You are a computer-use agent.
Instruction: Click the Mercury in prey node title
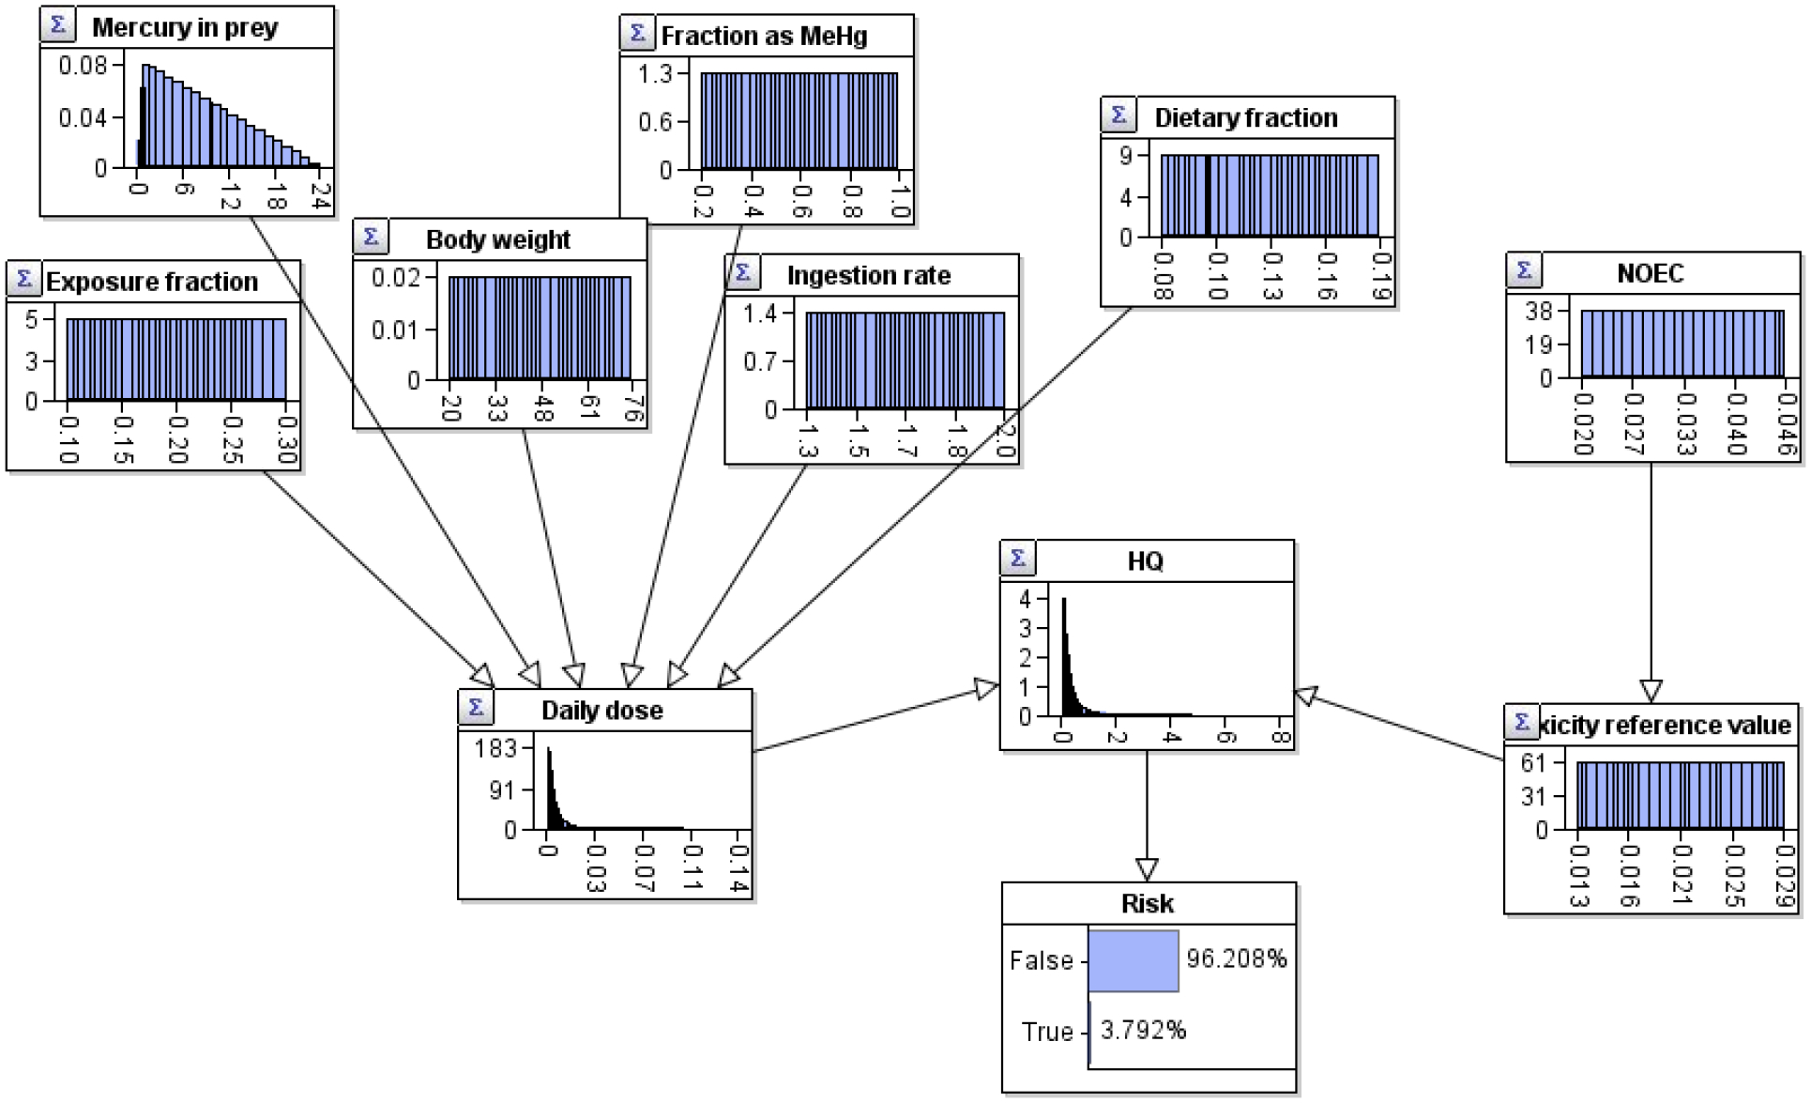[185, 28]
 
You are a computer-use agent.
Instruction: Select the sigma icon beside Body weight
[371, 237]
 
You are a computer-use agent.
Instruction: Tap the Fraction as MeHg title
[764, 37]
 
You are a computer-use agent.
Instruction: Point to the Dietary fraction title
[1245, 118]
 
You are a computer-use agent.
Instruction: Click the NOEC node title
[1650, 274]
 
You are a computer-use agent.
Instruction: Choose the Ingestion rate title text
[868, 276]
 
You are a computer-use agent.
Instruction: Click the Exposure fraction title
[151, 283]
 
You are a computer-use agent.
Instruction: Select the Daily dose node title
[601, 711]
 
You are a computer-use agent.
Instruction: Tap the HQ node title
[1145, 561]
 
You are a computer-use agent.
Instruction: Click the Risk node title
[1147, 904]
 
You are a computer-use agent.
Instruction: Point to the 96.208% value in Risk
[1236, 958]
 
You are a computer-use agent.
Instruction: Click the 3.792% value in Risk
[1142, 1031]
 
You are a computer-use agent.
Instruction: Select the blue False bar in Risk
[1133, 960]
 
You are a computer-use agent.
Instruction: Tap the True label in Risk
[1047, 1032]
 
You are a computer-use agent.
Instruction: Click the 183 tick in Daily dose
[495, 748]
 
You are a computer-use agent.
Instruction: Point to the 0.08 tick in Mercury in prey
[83, 66]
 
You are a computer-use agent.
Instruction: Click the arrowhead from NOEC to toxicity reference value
[1651, 691]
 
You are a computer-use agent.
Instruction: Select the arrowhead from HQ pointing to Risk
[1147, 869]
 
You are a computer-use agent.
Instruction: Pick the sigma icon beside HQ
[1017, 558]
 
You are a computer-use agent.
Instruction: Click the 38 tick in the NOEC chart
[1539, 311]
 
